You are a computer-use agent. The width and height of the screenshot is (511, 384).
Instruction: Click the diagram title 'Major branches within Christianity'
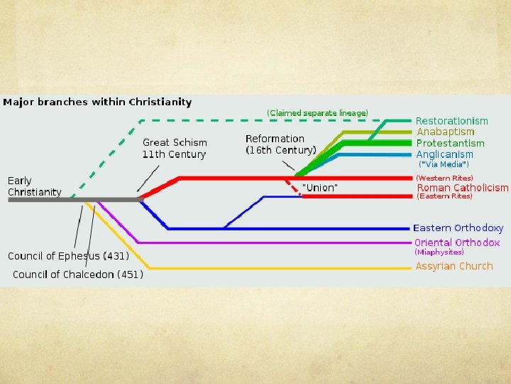(97, 102)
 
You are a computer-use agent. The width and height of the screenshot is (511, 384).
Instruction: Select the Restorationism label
(451, 121)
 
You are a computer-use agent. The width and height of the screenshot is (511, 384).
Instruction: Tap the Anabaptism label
(445, 132)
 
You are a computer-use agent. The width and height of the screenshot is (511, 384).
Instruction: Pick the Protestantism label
(450, 143)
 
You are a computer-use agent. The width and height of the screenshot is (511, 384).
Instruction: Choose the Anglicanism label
(444, 154)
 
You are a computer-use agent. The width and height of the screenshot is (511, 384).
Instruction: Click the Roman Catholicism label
(462, 188)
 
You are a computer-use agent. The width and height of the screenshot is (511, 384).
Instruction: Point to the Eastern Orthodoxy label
(458, 228)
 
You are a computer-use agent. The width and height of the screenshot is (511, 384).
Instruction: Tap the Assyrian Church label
(454, 266)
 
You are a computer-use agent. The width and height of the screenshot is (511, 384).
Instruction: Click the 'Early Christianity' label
(34, 186)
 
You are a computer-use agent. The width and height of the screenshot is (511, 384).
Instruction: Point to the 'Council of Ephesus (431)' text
(68, 256)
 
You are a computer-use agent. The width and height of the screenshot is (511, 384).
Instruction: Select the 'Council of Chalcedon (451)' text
(77, 274)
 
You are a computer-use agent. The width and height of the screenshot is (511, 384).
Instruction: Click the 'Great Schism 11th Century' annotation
(175, 149)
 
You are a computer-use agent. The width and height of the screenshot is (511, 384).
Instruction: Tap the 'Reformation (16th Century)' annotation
(280, 144)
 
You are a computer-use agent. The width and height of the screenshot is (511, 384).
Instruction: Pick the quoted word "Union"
(320, 187)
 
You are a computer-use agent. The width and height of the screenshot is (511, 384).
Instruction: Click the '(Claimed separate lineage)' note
(317, 113)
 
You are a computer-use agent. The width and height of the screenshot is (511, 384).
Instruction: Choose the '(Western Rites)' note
(444, 178)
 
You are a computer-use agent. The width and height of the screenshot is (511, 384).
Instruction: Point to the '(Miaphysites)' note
(439, 252)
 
